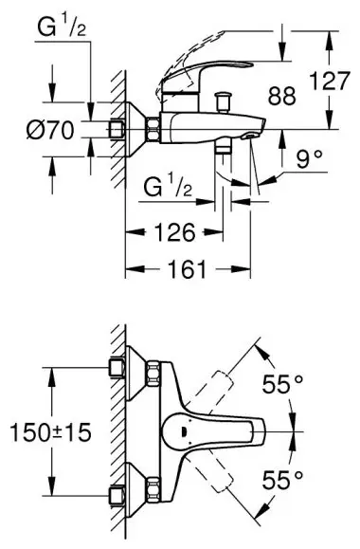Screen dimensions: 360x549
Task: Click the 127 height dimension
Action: click(x=330, y=81)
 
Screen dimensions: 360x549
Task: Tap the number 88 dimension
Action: click(x=282, y=96)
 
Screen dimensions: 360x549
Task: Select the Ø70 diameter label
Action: click(x=51, y=130)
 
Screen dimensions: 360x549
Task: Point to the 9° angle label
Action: click(x=309, y=159)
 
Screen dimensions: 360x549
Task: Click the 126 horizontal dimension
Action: click(x=175, y=232)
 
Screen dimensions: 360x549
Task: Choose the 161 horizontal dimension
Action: click(x=188, y=269)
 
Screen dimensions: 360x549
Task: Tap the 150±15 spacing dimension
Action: click(x=51, y=431)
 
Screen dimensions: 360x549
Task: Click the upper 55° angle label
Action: click(x=282, y=384)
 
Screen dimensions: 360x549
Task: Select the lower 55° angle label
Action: click(x=282, y=480)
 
